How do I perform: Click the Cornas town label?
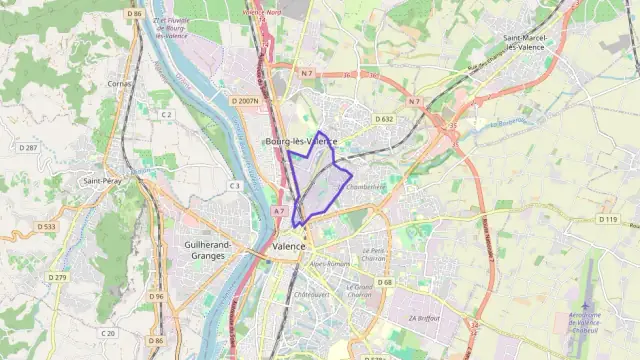point(120,84)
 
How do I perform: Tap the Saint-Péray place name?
point(103,181)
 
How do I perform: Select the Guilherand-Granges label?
point(209,249)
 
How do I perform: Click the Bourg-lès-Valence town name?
point(301,142)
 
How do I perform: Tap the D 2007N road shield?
point(244,101)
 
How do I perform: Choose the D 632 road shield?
point(385,118)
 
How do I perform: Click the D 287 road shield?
point(28,148)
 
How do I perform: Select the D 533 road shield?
point(47,227)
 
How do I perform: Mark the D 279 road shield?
point(58,277)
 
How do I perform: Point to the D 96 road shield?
point(156,296)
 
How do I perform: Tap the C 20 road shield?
point(108,333)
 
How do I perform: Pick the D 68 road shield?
point(385,282)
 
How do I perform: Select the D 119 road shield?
point(607,218)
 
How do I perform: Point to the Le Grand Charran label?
point(360,291)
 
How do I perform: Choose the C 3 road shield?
point(234,185)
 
